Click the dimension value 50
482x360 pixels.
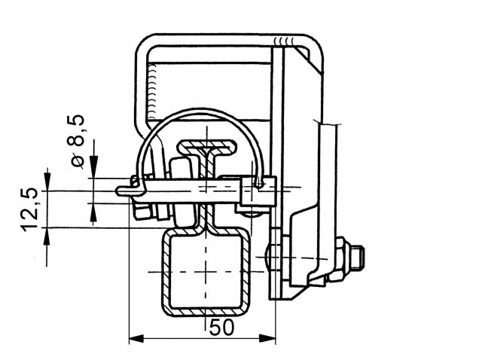pyautogui.click(x=221, y=327)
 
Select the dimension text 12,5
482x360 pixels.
pyautogui.click(x=30, y=209)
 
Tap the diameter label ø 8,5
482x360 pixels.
pyautogui.click(x=75, y=142)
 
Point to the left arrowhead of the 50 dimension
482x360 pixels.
pyautogui.click(x=136, y=339)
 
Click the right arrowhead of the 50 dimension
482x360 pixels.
pyautogui.click(x=268, y=339)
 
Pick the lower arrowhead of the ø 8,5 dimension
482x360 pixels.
pyautogui.click(x=93, y=212)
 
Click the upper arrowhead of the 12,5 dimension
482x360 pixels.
pyautogui.click(x=47, y=180)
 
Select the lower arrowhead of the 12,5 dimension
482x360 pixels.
pyautogui.click(x=47, y=236)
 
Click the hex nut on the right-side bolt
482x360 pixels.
pyautogui.click(x=340, y=256)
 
